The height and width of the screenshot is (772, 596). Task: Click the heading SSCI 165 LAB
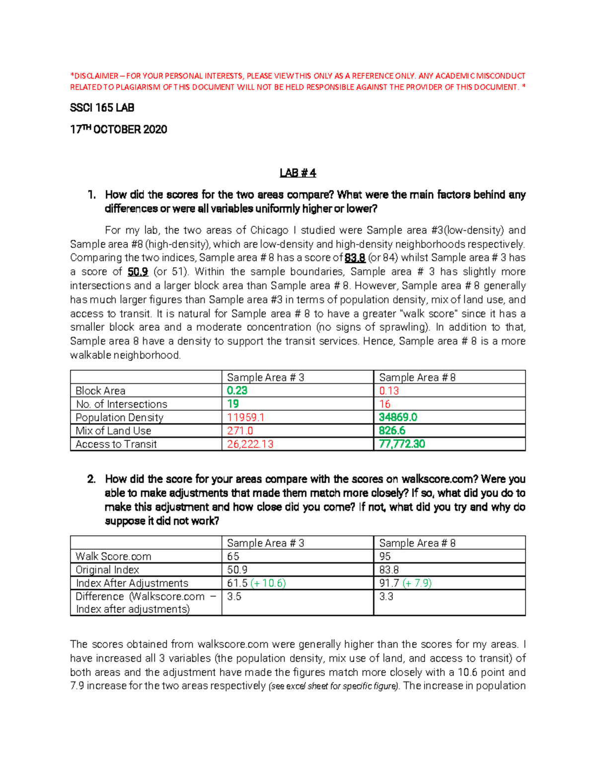click(x=102, y=108)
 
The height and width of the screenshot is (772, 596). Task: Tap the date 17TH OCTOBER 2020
click(x=118, y=130)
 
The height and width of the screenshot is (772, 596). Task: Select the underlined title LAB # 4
click(x=298, y=173)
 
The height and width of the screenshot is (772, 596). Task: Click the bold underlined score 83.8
click(x=355, y=258)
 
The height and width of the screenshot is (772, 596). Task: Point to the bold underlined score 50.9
click(x=138, y=272)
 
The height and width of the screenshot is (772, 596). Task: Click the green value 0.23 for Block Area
click(x=237, y=391)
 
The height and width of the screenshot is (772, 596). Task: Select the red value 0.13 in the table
click(x=389, y=391)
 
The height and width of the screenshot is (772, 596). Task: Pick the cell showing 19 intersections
click(x=233, y=404)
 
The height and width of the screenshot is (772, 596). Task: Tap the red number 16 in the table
click(x=384, y=404)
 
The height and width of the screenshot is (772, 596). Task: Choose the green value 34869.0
click(x=398, y=418)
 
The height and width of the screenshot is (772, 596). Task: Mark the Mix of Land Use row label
click(x=113, y=431)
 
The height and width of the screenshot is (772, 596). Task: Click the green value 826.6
click(x=392, y=431)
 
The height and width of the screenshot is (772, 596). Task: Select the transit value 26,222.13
click(x=250, y=444)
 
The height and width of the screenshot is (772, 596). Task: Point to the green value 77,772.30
click(x=402, y=444)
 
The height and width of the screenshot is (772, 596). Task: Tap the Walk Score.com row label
click(x=113, y=556)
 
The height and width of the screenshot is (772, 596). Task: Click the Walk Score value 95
click(x=384, y=556)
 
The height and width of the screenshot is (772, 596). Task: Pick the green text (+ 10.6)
click(x=268, y=583)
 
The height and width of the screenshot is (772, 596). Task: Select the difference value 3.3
click(x=386, y=597)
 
